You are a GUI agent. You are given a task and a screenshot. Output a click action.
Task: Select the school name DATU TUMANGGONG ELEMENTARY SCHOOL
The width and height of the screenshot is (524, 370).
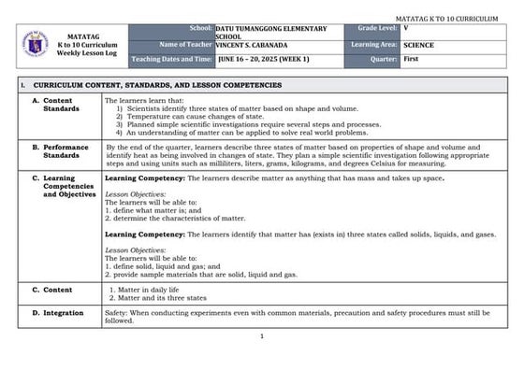tap(271, 33)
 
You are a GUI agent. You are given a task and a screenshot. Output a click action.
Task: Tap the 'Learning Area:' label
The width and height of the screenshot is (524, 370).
tap(373, 45)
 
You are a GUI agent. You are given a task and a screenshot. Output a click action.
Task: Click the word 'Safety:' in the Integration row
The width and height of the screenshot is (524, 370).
tap(117, 313)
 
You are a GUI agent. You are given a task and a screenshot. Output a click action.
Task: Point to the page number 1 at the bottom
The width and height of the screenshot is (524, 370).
tap(263, 336)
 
